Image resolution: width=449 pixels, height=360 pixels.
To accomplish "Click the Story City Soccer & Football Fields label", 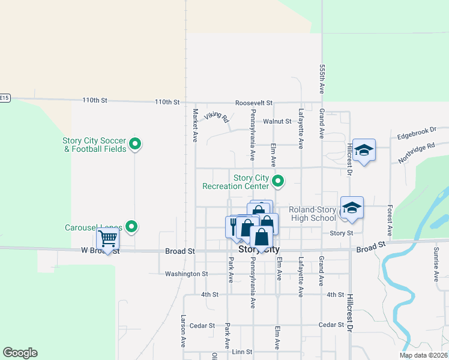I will coord(94,145).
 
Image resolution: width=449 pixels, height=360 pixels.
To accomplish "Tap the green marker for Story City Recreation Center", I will coord(278,180).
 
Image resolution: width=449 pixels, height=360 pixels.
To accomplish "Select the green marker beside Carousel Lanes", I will coord(133,227).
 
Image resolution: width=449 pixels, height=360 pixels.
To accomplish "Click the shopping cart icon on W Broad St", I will coord(108,238).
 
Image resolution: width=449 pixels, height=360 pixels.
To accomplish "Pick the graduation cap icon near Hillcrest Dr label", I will coord(363,150).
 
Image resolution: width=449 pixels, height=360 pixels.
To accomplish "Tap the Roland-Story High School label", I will coord(313,214).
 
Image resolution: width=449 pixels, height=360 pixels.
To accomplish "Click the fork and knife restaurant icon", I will coord(234,226).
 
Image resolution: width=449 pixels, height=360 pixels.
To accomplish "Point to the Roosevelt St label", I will coord(254,103).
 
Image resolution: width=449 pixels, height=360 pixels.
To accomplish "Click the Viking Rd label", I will coord(217,116).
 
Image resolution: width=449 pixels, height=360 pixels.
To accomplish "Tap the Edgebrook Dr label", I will coord(416,132).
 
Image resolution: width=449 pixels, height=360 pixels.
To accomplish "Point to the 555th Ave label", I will coord(322,79).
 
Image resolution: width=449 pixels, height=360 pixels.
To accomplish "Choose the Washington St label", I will coord(186,274).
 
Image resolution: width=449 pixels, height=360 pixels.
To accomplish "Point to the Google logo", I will coord(20,353).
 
